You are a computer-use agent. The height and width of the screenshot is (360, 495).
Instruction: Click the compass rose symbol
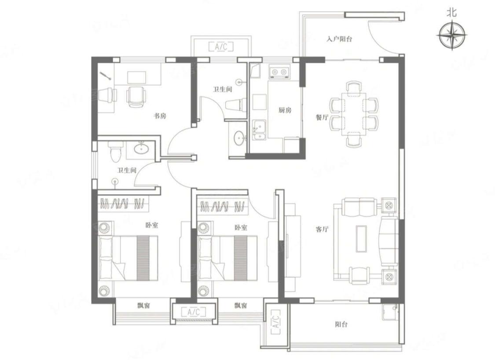[x=453, y=35]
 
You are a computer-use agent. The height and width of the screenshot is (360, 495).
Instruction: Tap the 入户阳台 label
[x=339, y=39]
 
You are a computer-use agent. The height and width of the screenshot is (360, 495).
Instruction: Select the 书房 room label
[x=160, y=116]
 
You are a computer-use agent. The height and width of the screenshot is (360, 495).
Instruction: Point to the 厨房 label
[x=285, y=110]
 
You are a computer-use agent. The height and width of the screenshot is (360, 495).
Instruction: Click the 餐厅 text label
[x=322, y=118]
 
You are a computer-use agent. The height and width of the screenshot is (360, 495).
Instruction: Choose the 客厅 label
[x=322, y=229]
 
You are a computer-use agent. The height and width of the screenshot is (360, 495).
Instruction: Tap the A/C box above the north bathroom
[x=221, y=47]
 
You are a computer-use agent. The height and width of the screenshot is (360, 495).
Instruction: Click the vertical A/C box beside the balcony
[x=275, y=322]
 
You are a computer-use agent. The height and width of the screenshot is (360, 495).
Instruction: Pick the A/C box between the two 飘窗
[x=194, y=312]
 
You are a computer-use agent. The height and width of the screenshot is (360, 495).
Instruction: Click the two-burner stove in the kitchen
[x=279, y=72]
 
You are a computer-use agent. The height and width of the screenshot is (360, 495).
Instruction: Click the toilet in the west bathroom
[x=115, y=152]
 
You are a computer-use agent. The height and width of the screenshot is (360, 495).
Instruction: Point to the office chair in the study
[x=136, y=96]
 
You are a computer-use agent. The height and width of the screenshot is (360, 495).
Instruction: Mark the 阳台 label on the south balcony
[x=341, y=324]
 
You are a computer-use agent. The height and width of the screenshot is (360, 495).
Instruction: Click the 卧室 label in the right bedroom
[x=241, y=227]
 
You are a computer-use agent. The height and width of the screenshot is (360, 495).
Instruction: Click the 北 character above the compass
[x=452, y=13]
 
